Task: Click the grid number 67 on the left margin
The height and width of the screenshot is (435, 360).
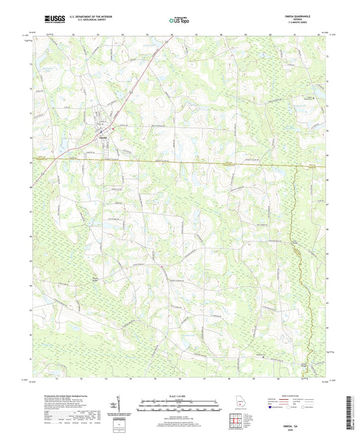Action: click(x=30, y=211)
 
